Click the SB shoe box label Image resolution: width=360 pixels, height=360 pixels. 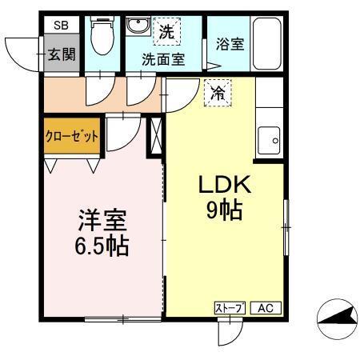62,26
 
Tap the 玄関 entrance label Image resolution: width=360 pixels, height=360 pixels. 61,54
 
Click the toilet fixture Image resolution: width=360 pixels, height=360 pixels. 102,36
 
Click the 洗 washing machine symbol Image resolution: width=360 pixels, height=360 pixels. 166,33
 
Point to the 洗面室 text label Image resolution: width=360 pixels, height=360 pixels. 163,58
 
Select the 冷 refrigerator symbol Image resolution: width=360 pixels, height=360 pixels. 216,94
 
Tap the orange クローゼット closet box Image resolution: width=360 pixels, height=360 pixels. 71,137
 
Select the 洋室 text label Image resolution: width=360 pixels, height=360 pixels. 102,218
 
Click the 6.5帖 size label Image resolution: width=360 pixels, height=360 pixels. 102,245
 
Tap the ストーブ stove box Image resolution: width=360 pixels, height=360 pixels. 229,307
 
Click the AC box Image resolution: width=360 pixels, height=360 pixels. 266,307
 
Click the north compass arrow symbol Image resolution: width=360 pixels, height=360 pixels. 336,321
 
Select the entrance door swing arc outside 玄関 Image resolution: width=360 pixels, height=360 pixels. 22,54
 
